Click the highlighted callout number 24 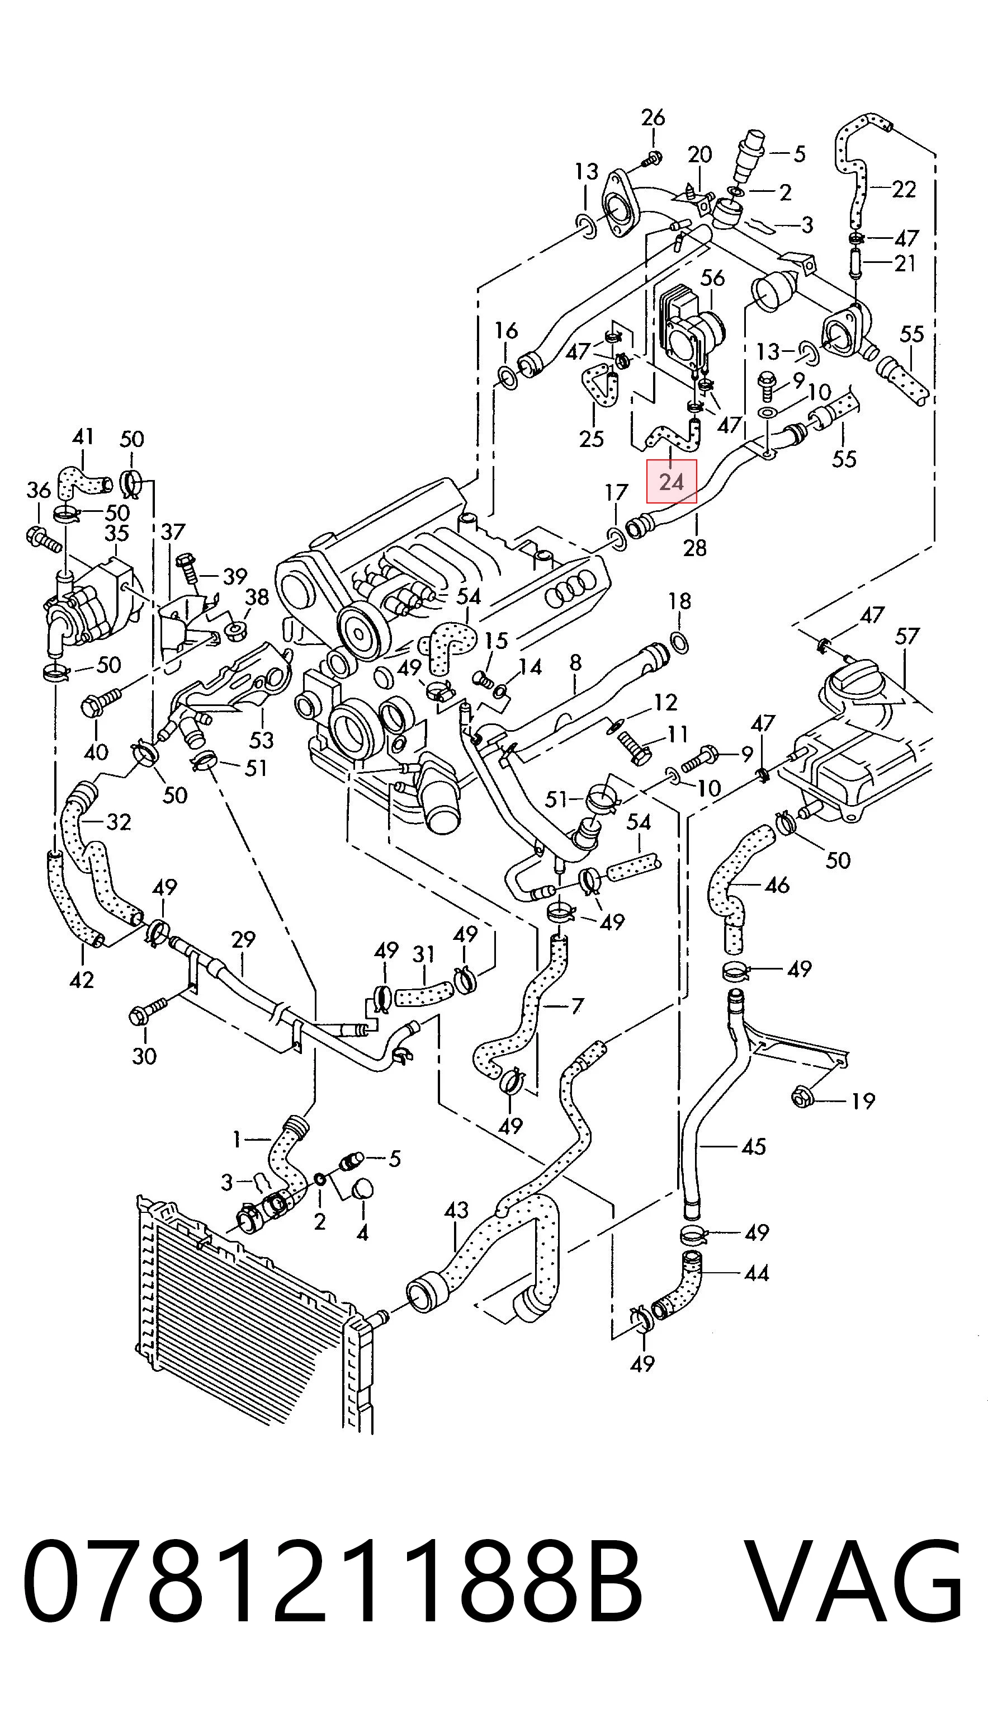click(671, 482)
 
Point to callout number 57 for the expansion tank click(907, 636)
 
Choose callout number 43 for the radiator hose click(457, 1210)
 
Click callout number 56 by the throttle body click(712, 277)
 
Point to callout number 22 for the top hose click(903, 188)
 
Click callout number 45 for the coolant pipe click(754, 1146)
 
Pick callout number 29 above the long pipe click(242, 939)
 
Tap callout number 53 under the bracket click(261, 740)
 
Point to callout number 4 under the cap click(362, 1232)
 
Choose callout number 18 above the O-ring click(679, 601)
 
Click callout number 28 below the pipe click(695, 547)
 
